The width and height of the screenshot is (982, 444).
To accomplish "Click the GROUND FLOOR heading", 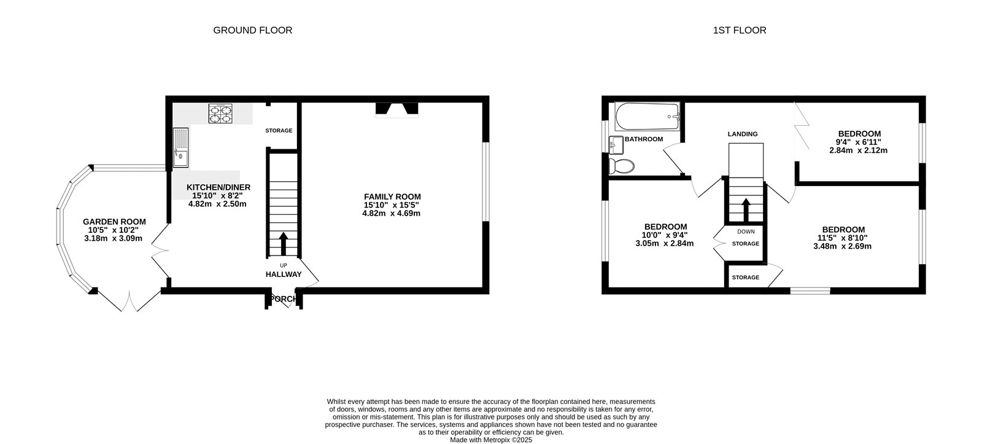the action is pyautogui.click(x=252, y=30).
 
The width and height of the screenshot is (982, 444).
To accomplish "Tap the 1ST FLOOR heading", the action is pyautogui.click(x=740, y=30).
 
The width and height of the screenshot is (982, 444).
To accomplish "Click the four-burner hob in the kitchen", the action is pyautogui.click(x=220, y=113).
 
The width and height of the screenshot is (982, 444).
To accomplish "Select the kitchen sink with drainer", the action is pyautogui.click(x=180, y=147).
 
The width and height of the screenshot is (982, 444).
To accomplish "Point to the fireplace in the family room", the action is pyautogui.click(x=396, y=110).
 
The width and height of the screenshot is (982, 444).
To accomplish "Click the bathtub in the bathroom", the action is pyautogui.click(x=648, y=116).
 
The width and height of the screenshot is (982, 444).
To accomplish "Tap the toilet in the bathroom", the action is pyautogui.click(x=622, y=166).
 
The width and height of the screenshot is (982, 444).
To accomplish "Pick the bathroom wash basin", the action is pyautogui.click(x=616, y=145).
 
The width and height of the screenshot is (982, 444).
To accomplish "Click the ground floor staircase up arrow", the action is pyautogui.click(x=283, y=244).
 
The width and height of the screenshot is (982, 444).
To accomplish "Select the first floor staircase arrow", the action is pyautogui.click(x=746, y=210).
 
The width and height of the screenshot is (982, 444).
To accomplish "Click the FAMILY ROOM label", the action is pyautogui.click(x=392, y=197).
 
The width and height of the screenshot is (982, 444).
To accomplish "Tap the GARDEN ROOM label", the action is pyautogui.click(x=114, y=222).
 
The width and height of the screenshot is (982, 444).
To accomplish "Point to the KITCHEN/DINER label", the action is pyautogui.click(x=218, y=187).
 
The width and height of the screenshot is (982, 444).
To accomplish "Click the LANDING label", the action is pyautogui.click(x=743, y=134).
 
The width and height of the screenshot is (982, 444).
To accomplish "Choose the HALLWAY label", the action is pyautogui.click(x=284, y=275).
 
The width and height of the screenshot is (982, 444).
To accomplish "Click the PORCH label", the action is pyautogui.click(x=284, y=299).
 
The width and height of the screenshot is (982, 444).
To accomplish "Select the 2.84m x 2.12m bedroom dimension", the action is pyautogui.click(x=859, y=150).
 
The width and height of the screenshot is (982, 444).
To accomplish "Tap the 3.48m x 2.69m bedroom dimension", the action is pyautogui.click(x=842, y=246).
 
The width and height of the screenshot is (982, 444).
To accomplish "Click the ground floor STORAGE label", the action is pyautogui.click(x=279, y=131).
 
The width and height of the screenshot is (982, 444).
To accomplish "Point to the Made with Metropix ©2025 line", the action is pyautogui.click(x=491, y=440).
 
